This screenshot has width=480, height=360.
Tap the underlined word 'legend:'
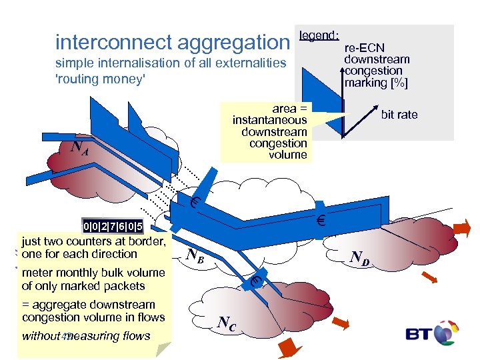pos(320,35)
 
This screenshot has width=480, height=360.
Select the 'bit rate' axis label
pos(399,115)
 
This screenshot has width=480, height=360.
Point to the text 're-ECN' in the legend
pos(365,48)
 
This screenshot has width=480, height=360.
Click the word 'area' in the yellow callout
pos(285,108)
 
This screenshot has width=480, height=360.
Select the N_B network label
pos(195,255)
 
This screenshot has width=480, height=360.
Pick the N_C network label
pos(227,324)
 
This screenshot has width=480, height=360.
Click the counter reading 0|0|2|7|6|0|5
pos(113,227)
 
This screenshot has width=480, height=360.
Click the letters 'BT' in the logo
pos(419,334)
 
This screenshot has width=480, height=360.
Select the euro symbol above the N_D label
pos(320,221)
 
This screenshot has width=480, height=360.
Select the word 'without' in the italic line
pos(41,336)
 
